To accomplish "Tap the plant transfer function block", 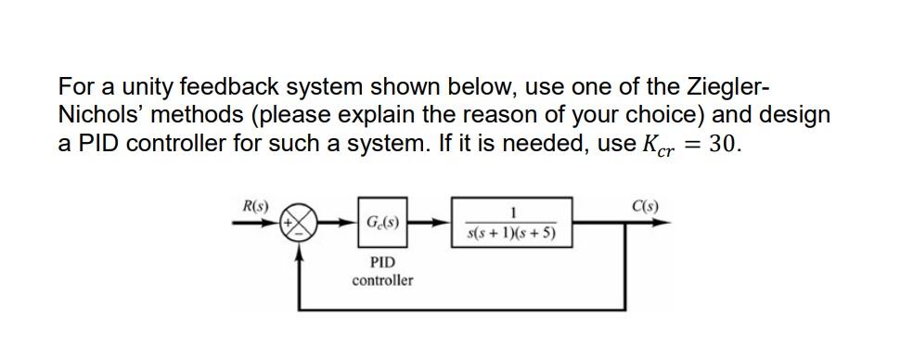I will coord(511,223).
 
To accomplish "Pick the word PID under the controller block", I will coord(382,263).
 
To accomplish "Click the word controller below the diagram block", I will coord(382,279).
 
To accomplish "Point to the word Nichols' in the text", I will coord(100,116).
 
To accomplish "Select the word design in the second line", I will coord(795,116).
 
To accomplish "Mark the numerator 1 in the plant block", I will coord(511,212).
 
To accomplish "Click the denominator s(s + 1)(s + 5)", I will coord(511,233).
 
